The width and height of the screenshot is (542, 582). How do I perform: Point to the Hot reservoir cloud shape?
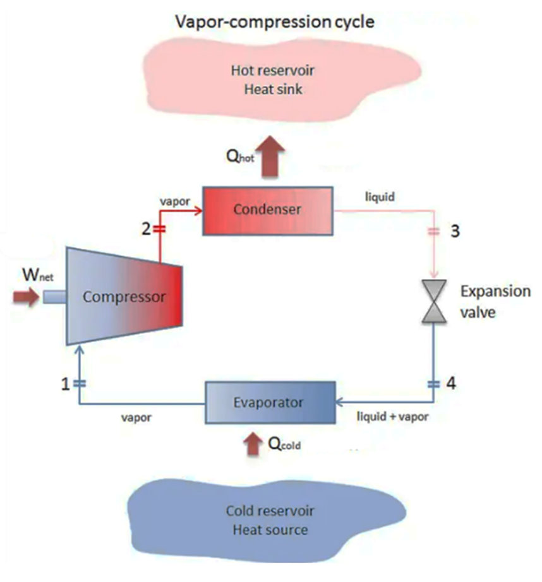(272, 79)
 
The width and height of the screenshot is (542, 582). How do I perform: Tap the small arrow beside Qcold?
(253, 443)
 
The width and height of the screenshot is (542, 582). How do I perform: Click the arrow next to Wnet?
(27, 296)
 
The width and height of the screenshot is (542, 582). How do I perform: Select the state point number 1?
(65, 384)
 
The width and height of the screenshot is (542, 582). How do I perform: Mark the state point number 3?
(454, 231)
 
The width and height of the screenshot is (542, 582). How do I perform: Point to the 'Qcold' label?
(284, 444)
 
